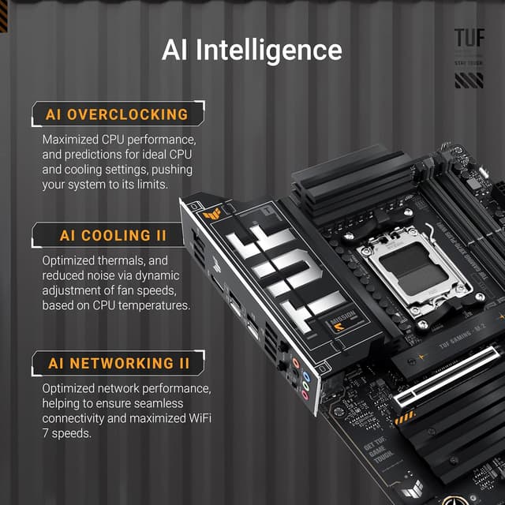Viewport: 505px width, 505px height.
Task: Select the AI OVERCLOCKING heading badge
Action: pyautogui.click(x=117, y=114)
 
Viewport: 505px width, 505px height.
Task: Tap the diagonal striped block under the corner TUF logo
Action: pyautogui.click(x=469, y=80)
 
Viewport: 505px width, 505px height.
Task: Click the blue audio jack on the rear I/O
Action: pyautogui.click(x=295, y=365)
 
